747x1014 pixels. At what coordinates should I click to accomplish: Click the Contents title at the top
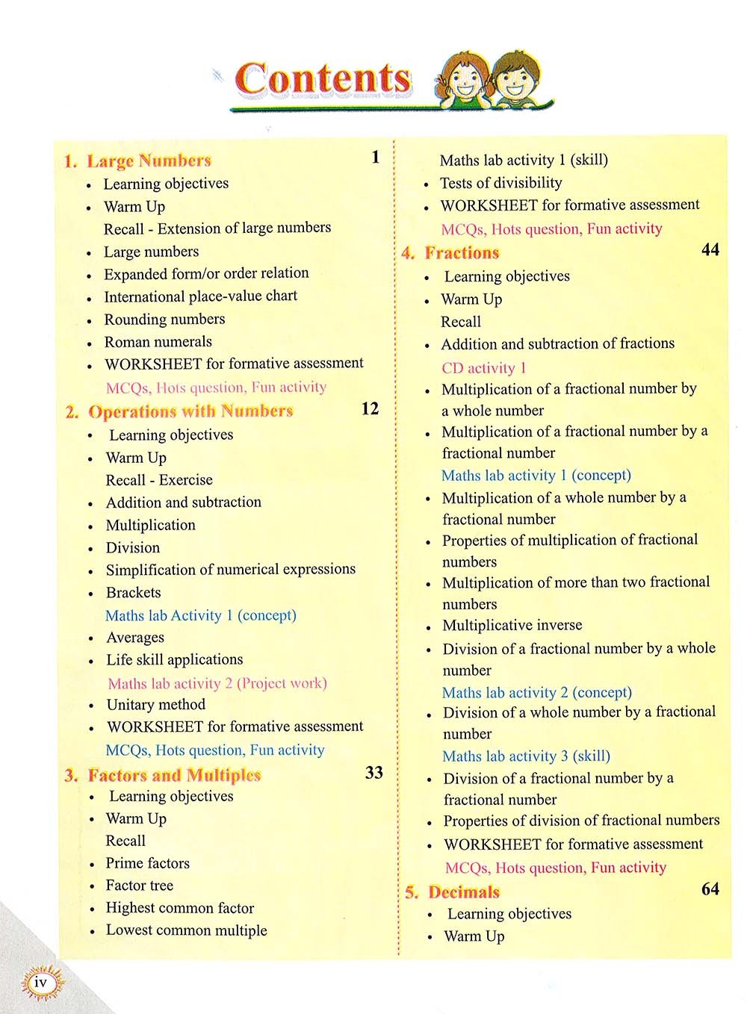point(323,79)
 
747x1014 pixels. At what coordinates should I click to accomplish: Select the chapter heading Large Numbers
point(149,161)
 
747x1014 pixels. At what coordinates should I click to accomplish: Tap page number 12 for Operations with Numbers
point(370,408)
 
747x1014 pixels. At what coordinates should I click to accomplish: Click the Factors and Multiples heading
point(174,775)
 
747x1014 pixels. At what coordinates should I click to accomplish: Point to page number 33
point(373,772)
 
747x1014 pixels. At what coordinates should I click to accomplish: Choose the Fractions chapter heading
point(462,252)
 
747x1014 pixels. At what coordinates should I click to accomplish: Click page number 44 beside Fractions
point(710,249)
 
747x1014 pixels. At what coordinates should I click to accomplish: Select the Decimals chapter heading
point(464,892)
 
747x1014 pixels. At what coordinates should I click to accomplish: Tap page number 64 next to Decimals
point(710,889)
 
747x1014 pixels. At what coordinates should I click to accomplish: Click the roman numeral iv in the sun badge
point(41,983)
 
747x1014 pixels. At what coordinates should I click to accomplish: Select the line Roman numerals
point(158,342)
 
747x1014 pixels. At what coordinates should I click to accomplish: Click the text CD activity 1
point(483,367)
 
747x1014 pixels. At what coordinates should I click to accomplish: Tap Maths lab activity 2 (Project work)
point(217,683)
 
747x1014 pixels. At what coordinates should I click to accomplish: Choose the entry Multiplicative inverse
point(512,625)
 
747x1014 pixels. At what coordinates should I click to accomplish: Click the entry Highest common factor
point(179,908)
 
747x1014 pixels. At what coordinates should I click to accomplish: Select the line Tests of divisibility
point(500,183)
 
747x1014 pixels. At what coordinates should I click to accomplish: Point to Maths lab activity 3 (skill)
point(526,756)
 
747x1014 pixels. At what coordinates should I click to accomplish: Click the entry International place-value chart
point(200,296)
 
